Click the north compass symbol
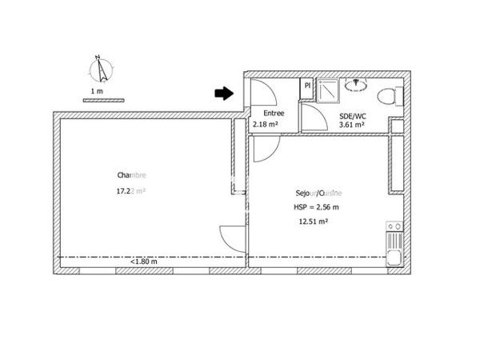tap(101, 70)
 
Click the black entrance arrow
tap(223, 94)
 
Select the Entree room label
tap(274, 114)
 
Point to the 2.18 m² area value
tap(265, 125)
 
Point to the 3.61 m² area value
tap(352, 125)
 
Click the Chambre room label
tap(131, 175)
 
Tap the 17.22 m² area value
tap(130, 191)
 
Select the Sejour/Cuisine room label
tap(318, 193)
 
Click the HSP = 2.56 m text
tap(317, 207)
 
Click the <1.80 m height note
tap(144, 262)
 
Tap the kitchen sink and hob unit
tap(394, 244)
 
